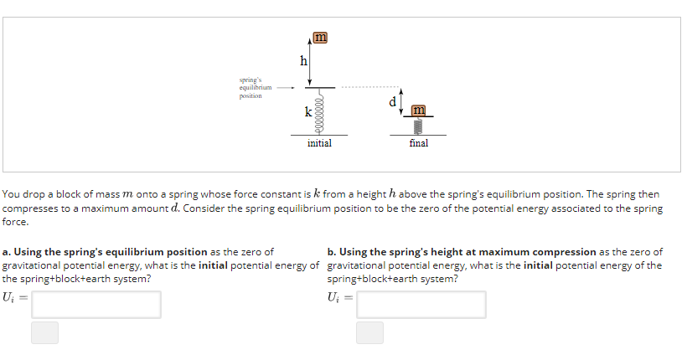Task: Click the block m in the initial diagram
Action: click(319, 37)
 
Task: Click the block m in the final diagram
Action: click(419, 111)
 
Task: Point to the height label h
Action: click(303, 60)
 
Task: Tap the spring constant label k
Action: click(308, 111)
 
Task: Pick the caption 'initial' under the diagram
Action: click(319, 143)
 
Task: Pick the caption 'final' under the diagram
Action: click(419, 143)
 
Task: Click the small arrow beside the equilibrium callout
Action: click(286, 87)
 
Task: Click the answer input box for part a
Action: click(96, 304)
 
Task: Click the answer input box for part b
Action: click(421, 304)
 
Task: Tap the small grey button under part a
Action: click(45, 332)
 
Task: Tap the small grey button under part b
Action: click(369, 332)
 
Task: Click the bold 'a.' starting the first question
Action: click(7, 252)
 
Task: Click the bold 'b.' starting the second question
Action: click(332, 252)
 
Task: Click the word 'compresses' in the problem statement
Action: click(29, 208)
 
